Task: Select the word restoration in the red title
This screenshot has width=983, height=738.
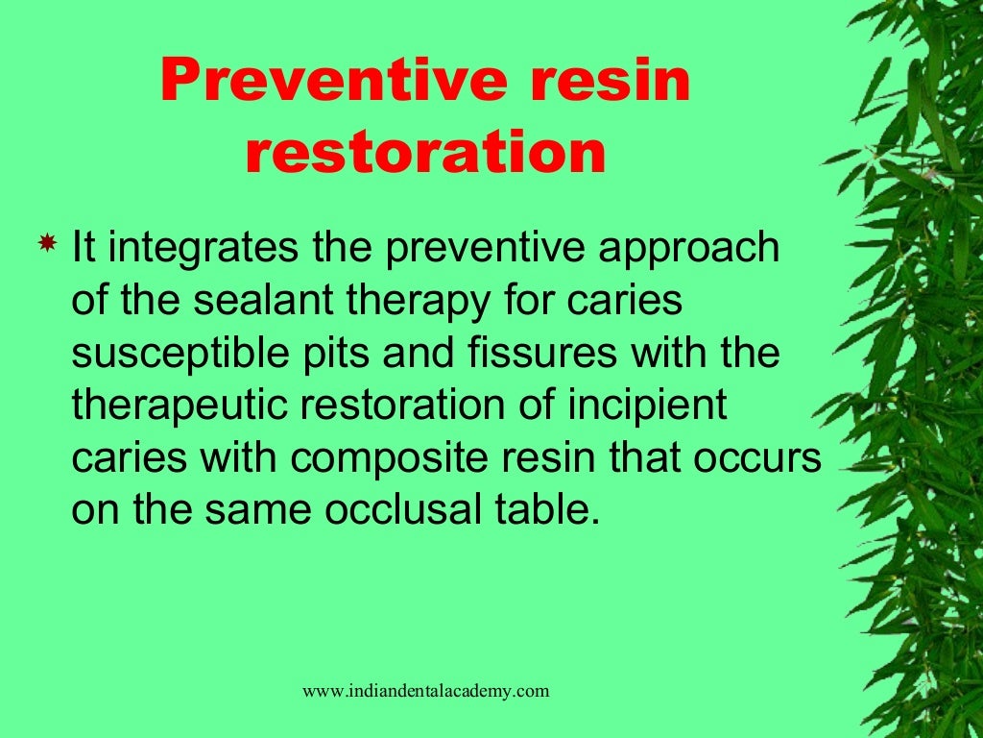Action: coord(425,154)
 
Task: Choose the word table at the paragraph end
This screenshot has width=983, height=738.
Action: coord(550,510)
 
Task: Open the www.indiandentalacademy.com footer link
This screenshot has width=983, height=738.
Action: coord(426,690)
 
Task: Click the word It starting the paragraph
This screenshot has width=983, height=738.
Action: coord(84,248)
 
